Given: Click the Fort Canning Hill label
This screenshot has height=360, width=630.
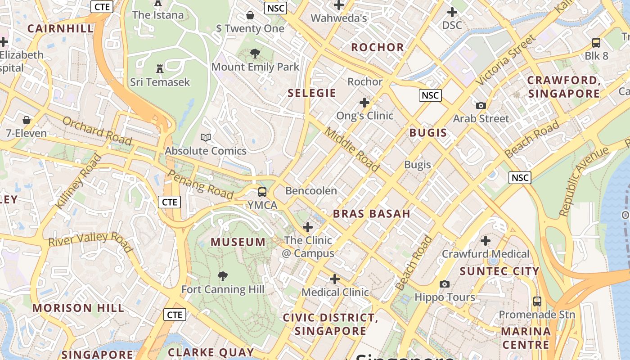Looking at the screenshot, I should click(x=223, y=289).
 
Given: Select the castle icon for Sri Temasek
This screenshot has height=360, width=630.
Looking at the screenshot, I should click(x=160, y=69).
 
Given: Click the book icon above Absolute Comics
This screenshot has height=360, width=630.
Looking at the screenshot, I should click(x=206, y=137).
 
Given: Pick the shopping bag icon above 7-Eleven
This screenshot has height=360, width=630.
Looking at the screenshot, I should click(x=27, y=120).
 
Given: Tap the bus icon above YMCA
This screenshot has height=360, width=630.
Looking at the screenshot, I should click(x=262, y=192).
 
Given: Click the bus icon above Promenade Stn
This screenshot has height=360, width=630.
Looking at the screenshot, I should click(x=537, y=301).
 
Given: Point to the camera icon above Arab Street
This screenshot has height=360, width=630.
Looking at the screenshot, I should click(x=481, y=105).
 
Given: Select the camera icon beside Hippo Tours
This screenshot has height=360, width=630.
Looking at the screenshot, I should click(x=445, y=284).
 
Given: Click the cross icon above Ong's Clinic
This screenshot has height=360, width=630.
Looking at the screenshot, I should click(x=364, y=103).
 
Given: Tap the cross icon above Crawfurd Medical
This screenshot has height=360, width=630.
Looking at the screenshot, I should click(x=486, y=241).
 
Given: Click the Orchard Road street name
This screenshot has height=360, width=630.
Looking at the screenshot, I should click(x=97, y=130).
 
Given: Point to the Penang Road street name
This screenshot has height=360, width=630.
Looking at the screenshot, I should click(x=200, y=184).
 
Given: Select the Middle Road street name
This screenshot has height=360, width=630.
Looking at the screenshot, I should click(x=352, y=149).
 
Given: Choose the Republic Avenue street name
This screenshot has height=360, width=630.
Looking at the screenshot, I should click(x=583, y=181).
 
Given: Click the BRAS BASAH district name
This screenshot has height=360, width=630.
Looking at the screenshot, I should click(x=372, y=214).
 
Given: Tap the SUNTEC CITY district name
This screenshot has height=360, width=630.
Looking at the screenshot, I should click(x=499, y=271).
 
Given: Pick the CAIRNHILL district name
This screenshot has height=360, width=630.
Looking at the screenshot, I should click(x=60, y=28).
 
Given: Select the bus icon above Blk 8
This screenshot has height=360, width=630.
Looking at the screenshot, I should click(x=596, y=43).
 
